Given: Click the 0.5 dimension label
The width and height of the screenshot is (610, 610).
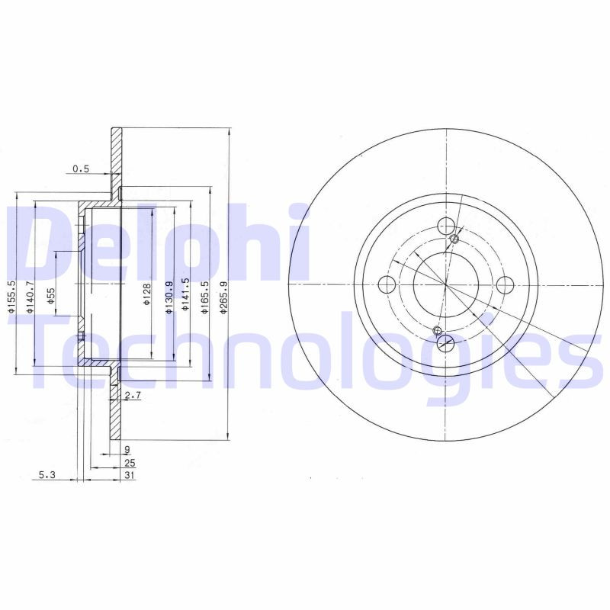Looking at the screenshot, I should (x=81, y=169).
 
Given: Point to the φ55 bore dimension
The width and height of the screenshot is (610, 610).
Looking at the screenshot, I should (x=51, y=296).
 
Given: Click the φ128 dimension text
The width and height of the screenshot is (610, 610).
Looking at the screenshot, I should (x=147, y=294).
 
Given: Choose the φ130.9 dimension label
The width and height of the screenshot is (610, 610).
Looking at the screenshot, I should (x=168, y=294).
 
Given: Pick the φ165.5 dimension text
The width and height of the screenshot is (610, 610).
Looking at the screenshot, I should (x=204, y=294).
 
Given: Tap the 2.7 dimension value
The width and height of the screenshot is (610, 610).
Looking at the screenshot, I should (x=133, y=395).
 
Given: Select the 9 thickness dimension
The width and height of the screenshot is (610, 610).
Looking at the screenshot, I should (x=127, y=449).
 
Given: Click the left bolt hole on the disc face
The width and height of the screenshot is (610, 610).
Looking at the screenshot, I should (x=387, y=285).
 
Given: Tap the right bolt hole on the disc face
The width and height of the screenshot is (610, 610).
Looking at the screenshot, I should (x=504, y=285).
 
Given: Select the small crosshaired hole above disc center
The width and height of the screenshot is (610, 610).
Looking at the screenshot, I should (x=455, y=239).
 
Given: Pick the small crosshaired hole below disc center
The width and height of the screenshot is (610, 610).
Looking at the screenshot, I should (x=436, y=330).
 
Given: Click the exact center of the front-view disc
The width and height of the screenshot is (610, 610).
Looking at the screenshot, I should (x=446, y=285).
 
